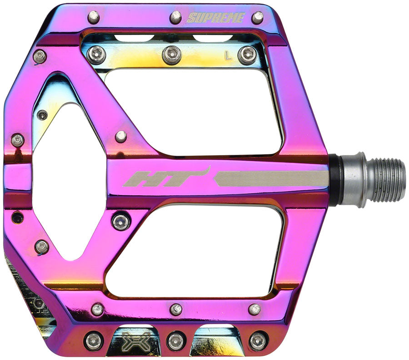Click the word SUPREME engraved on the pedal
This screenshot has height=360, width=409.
click(x=216, y=18)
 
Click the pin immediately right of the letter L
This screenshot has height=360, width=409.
click(x=247, y=55)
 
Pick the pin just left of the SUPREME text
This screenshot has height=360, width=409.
click(x=176, y=17)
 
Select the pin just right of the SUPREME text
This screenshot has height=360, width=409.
click(x=258, y=17)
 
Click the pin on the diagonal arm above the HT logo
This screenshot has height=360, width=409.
click(x=121, y=136)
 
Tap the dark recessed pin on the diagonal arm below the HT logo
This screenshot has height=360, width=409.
click(x=121, y=221)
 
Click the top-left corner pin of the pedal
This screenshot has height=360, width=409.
click(x=93, y=17)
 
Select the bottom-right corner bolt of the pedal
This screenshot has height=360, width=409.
click(x=258, y=340)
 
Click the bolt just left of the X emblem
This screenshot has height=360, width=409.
click(x=94, y=340)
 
